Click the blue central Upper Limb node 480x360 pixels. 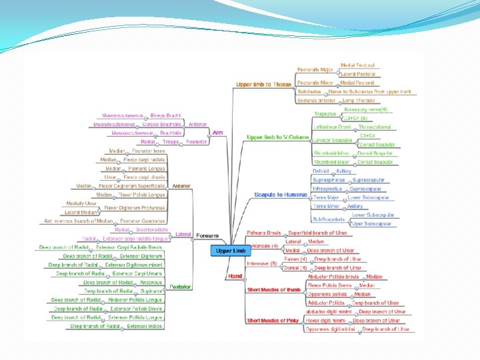coord(231,251)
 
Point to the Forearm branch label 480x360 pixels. coord(208,235)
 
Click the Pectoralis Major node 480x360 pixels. coord(315,70)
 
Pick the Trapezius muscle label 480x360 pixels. coord(325,114)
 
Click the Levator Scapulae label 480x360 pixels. coord(333,140)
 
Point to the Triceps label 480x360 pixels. coord(169,142)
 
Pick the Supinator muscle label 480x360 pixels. coord(151,291)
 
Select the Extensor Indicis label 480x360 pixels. coord(145,327)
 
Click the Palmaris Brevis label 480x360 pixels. coord(264,233)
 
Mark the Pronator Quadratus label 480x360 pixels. coord(146,221)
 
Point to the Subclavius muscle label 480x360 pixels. coord(309,91)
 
